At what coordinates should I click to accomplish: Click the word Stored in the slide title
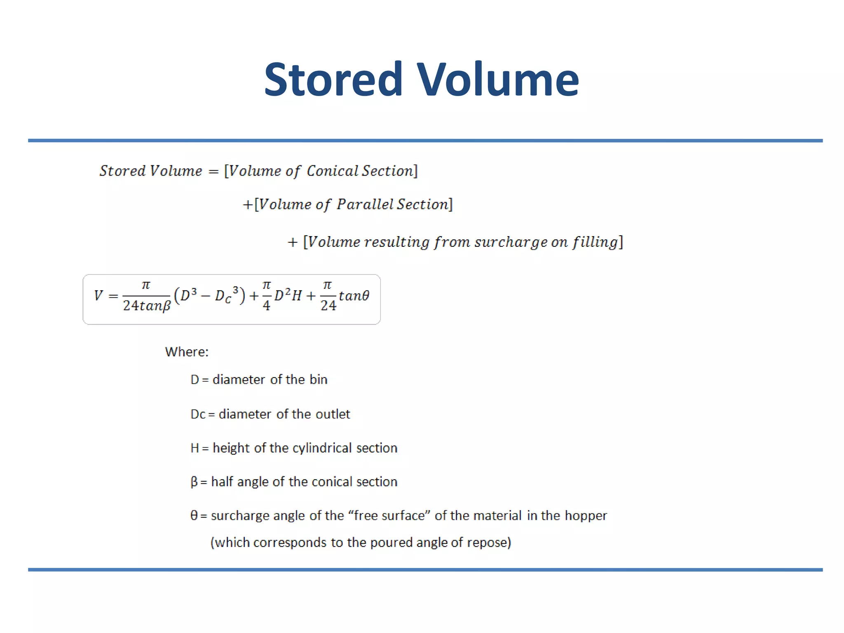click(333, 79)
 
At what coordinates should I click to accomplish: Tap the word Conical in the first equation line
click(332, 171)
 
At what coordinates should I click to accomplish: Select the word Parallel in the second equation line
click(365, 204)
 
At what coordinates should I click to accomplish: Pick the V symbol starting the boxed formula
click(98, 295)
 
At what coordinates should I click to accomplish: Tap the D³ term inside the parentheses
click(188, 295)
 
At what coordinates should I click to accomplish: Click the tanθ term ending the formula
click(354, 295)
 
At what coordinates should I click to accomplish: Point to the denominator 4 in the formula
click(267, 306)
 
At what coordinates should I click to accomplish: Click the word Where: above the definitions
click(187, 352)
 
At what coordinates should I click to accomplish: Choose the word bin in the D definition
click(319, 380)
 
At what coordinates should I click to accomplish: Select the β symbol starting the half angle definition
click(194, 482)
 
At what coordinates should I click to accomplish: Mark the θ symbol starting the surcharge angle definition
click(194, 516)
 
